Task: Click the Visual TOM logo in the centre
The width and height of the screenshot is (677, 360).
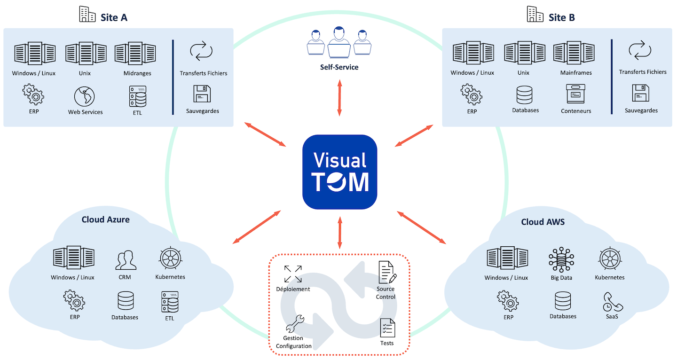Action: tap(339, 172)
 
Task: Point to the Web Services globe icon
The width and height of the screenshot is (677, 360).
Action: tap(85, 96)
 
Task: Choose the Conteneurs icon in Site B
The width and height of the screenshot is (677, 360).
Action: tap(575, 94)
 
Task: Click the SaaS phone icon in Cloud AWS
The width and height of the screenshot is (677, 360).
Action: tap(613, 302)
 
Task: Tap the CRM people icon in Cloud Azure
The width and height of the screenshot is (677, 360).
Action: tap(126, 260)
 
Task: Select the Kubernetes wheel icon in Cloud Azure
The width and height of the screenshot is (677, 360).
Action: tap(170, 258)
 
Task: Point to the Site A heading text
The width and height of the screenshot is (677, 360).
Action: tap(114, 17)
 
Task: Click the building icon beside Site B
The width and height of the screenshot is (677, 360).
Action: tap(535, 15)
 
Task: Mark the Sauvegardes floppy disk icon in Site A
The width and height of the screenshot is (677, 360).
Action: tap(202, 94)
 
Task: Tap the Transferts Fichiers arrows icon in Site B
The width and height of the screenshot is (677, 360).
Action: tap(640, 51)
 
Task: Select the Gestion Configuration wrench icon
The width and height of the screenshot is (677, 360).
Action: tap(294, 324)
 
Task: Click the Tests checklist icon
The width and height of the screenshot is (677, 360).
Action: tap(387, 328)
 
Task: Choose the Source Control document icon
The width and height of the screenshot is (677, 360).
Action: tap(387, 271)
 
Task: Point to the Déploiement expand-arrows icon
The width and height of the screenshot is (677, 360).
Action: tap(293, 274)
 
